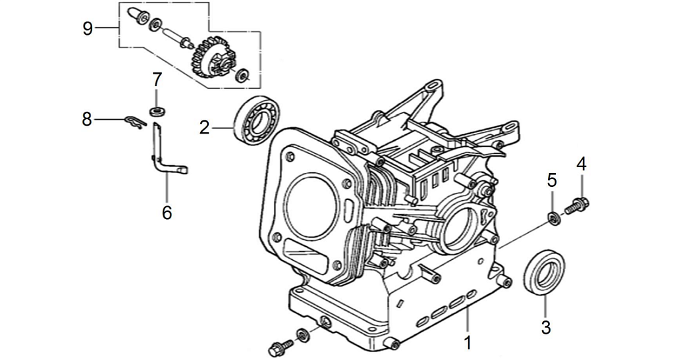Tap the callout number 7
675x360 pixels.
point(157,80)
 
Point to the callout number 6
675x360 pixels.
point(167,212)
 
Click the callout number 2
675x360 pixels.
point(205,127)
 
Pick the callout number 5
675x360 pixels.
point(552,179)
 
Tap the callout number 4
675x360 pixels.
point(581,163)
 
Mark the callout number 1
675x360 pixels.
point(468,342)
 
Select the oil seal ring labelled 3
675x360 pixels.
point(544,270)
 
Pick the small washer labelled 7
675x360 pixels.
point(157,109)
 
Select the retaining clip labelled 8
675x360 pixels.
point(135,122)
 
